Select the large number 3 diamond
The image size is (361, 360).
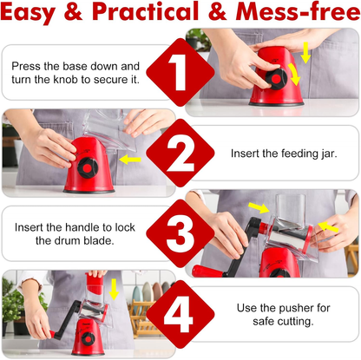tap(180, 232)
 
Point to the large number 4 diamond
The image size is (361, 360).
tap(180, 316)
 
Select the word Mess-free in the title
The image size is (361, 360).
tap(294, 14)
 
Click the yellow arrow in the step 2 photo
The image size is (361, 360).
tap(129, 160)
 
